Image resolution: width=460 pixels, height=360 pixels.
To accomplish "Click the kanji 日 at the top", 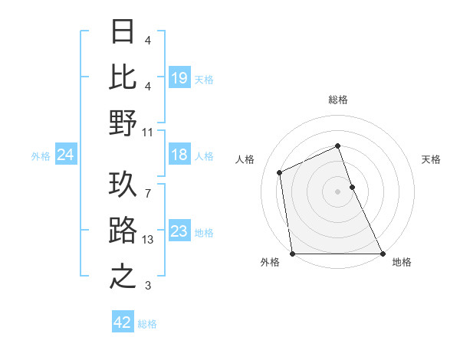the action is [123, 33].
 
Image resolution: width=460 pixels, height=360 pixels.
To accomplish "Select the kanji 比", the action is [123, 77].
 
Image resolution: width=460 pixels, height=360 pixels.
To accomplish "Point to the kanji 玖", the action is [123, 185].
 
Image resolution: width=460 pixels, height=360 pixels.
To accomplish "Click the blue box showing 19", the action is [179, 77].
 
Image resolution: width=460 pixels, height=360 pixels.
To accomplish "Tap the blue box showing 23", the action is [179, 232].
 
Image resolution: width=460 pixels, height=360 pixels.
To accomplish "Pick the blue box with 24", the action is [65, 155].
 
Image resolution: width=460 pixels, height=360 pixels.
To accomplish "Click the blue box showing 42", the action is [123, 322].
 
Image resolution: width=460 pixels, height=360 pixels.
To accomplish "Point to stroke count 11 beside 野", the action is [148, 132].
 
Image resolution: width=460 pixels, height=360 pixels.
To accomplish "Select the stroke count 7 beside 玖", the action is [148, 186].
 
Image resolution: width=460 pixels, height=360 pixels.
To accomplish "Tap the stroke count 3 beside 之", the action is [148, 286].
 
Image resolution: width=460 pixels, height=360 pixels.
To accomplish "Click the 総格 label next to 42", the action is [148, 324].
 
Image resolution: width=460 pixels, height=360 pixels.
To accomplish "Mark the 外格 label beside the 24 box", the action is [41, 156].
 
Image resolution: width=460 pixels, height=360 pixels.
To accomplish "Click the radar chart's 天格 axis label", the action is [432, 159].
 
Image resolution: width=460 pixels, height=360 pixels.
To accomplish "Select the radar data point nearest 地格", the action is [382, 254].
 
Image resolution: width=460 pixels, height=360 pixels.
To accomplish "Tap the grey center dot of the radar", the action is [338, 191].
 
